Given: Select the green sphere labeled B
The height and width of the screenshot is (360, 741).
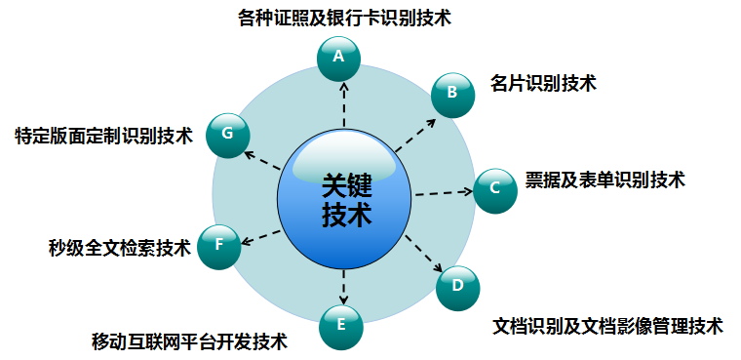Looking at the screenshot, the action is click(452, 95).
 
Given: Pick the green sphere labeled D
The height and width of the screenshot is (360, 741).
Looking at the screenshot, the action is click(457, 288).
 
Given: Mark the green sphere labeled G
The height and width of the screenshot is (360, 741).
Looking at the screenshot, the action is click(228, 136).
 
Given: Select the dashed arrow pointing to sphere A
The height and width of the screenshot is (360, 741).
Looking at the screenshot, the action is click(344, 104).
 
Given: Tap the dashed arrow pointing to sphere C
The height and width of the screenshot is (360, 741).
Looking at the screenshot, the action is click(444, 192).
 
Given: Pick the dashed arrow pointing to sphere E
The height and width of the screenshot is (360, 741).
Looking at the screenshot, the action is click(344, 287).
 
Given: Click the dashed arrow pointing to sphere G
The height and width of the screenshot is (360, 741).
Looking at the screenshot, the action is click(262, 161).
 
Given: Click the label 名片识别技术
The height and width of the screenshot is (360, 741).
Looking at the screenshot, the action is click(543, 83).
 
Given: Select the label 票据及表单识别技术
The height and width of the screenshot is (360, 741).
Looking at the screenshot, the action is click(604, 180).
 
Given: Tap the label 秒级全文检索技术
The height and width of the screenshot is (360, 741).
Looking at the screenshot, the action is click(120, 248).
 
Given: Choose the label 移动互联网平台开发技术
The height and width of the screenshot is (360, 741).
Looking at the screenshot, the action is click(189, 341).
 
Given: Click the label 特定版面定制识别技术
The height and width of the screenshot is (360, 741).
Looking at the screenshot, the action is click(104, 137).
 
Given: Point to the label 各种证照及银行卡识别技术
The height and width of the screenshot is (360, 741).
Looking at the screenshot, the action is click(345, 18).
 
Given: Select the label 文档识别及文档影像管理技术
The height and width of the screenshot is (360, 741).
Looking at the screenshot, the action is click(607, 326).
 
